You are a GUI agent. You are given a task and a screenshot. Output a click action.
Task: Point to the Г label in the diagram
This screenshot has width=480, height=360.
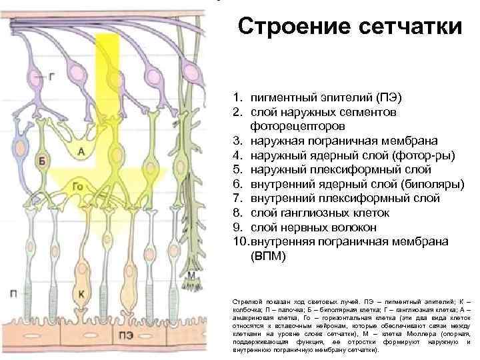(52, 77)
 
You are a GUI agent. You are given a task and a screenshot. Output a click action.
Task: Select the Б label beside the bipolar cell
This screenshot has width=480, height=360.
(42, 161)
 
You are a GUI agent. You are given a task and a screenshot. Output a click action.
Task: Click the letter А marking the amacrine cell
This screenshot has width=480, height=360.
(81, 153)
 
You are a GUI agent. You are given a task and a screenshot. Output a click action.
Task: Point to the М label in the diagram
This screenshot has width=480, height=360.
(191, 275)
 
